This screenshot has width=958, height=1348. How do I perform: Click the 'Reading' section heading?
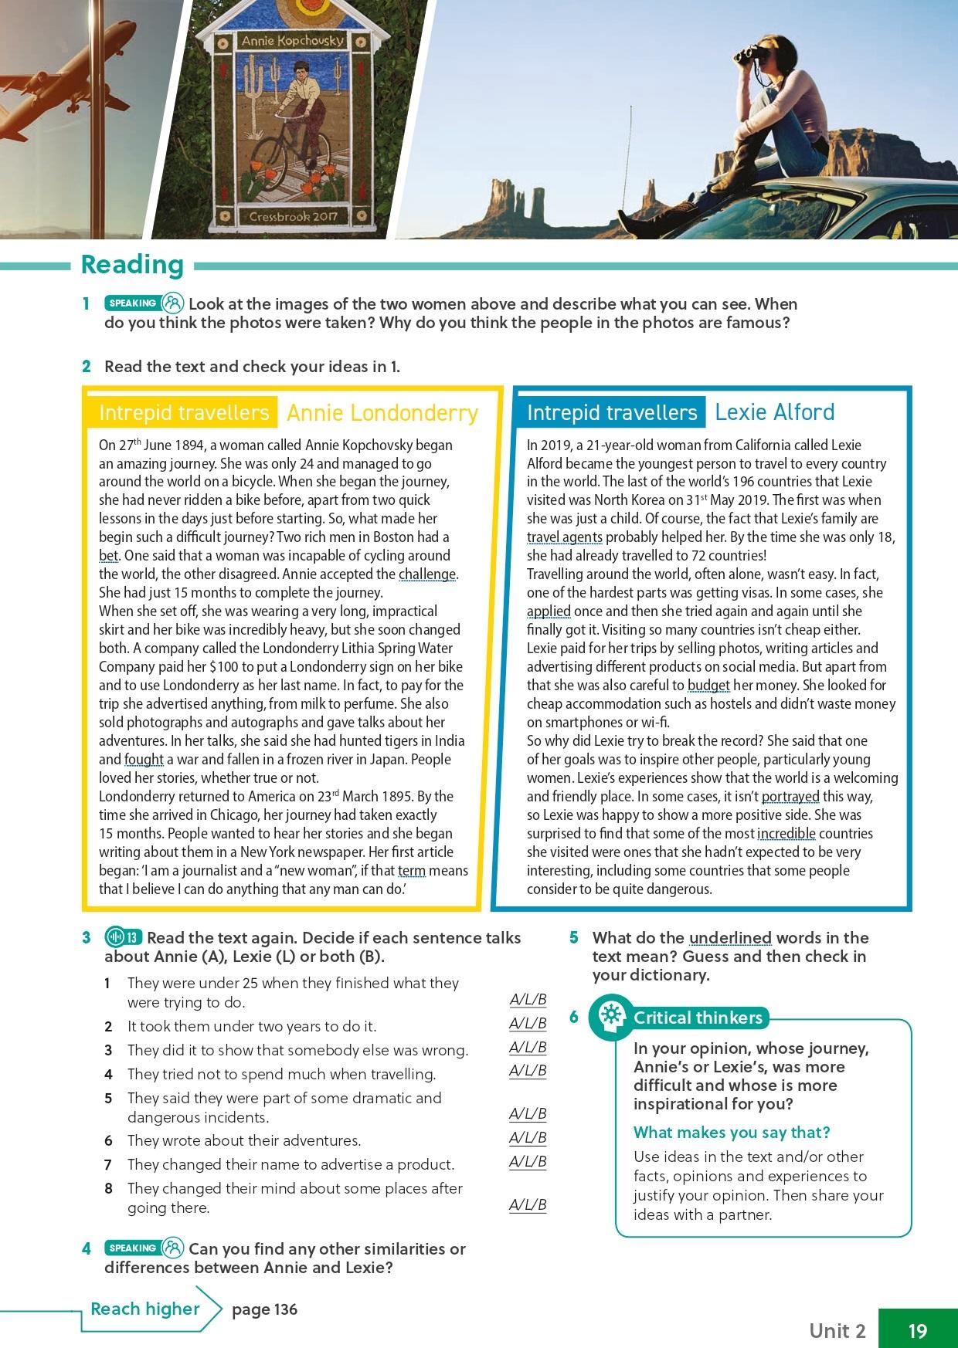pos(132,264)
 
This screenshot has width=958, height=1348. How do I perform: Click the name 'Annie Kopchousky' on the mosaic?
pos(292,40)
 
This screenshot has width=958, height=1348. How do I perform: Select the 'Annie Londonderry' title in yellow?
pos(382,413)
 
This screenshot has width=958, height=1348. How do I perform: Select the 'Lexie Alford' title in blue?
pos(774,412)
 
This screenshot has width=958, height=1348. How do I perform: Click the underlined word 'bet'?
pos(108,556)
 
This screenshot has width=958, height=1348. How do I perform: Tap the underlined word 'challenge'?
pos(427,574)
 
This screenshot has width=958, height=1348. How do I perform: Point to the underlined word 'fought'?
pos(144,760)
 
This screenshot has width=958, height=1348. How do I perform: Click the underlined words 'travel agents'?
pos(564,537)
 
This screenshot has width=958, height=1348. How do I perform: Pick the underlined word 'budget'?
pos(708,686)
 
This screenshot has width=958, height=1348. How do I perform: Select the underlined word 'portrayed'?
pos(790,797)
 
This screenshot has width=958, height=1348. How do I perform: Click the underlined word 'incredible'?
pos(786,834)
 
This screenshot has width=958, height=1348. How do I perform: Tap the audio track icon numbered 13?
pos(124,938)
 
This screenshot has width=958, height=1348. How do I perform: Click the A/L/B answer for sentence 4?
pos(528,1071)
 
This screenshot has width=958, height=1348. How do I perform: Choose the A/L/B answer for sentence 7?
pos(528,1162)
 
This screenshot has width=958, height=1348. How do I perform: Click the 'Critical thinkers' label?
pos(697,1018)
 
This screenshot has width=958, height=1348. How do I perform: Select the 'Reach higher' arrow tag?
pos(145,1309)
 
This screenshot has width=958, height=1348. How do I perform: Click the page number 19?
pos(917,1330)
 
